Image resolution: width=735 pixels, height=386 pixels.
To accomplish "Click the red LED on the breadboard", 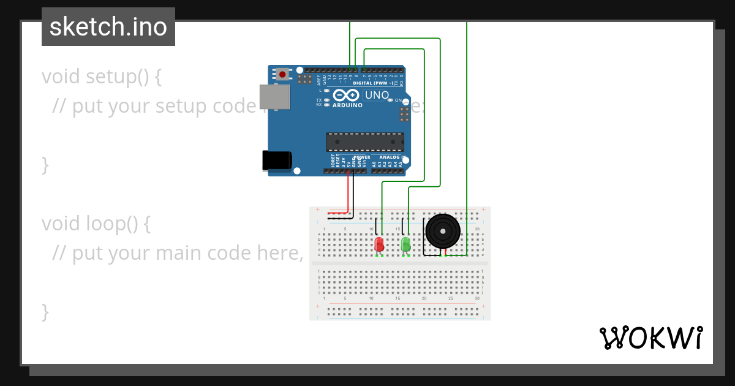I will [379, 244].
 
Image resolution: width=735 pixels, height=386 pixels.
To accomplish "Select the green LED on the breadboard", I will [405, 244].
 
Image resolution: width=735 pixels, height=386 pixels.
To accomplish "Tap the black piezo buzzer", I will [442, 232].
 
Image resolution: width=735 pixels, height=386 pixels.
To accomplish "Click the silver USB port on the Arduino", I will [274, 97].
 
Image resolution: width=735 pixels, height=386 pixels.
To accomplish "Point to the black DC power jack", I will [276, 161].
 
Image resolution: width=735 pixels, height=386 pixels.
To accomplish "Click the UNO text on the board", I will [377, 95].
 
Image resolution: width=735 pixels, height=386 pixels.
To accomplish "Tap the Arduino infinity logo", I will [347, 96].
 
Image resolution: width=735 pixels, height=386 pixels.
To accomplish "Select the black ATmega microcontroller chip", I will [365, 142].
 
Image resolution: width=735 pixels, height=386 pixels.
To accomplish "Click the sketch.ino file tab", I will [108, 27].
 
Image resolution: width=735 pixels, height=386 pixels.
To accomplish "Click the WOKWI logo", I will [650, 338].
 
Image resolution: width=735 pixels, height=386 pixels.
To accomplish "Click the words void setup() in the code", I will [102, 77].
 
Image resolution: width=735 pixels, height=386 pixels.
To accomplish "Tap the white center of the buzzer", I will [442, 231].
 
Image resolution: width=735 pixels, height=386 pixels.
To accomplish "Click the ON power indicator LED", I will [390, 100].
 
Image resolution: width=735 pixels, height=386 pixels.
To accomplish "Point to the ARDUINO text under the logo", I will [347, 105].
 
